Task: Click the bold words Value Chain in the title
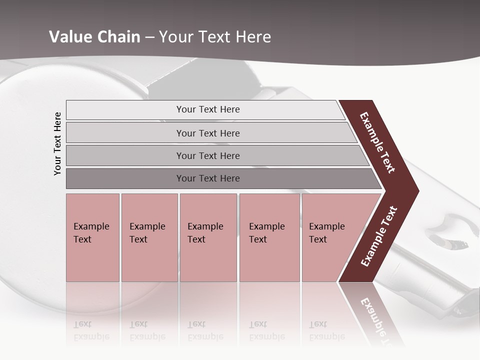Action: (x=94, y=37)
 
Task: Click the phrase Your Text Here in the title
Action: (x=215, y=37)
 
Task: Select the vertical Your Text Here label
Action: (x=57, y=143)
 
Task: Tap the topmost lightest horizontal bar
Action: (x=207, y=109)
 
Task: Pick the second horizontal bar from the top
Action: (x=207, y=133)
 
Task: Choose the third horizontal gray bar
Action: (x=207, y=155)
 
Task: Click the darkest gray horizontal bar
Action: (x=207, y=178)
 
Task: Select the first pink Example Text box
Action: (x=92, y=237)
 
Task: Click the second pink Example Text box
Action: (x=149, y=237)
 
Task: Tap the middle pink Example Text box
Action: (x=208, y=237)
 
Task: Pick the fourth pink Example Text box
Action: (x=269, y=237)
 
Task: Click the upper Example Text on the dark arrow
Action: (x=378, y=143)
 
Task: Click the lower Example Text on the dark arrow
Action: (x=379, y=236)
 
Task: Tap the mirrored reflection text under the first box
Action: (x=91, y=330)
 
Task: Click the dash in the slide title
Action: (x=149, y=37)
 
